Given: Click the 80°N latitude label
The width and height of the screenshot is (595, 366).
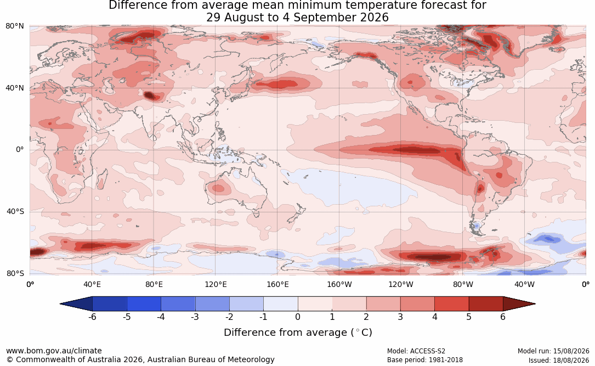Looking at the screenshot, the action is [x=15, y=26].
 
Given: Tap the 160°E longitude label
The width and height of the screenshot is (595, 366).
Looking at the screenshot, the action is [x=277, y=284].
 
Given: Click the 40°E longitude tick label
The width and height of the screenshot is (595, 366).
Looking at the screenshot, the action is [x=92, y=284].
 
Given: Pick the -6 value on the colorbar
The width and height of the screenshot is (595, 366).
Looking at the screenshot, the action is [x=92, y=317].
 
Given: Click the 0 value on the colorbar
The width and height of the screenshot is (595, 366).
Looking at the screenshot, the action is [x=298, y=317].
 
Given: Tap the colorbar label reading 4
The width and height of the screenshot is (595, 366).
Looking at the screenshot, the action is [x=435, y=317].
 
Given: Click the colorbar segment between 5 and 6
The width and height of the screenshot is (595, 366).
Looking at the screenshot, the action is [x=486, y=304].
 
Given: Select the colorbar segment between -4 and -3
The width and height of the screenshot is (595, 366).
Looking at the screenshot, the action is [x=178, y=304].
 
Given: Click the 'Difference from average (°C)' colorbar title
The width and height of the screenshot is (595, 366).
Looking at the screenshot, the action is [x=298, y=333].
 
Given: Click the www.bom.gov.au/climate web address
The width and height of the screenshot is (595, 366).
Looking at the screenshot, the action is [x=54, y=351].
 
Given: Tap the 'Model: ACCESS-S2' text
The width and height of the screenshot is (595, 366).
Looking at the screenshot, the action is [x=416, y=351].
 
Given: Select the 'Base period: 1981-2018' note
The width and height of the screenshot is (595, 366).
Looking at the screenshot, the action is [x=424, y=360].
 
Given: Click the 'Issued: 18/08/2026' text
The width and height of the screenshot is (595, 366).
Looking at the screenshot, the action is [x=559, y=360].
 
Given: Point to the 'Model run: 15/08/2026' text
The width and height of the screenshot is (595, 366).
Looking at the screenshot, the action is [x=553, y=351].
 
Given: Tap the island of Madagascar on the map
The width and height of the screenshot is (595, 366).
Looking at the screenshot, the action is [x=101, y=179].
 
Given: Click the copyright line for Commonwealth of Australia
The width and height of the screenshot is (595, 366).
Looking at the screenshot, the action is [x=140, y=359].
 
